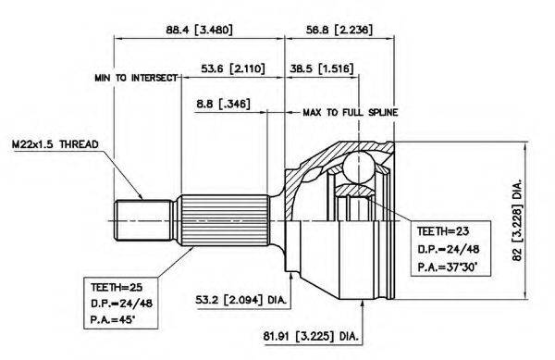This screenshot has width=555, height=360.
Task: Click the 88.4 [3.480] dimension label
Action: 199,30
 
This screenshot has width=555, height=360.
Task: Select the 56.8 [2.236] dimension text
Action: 339,30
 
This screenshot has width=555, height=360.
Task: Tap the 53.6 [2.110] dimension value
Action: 232,68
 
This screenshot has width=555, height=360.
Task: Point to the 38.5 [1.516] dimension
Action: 321,68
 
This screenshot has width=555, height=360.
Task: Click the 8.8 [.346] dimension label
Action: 223,104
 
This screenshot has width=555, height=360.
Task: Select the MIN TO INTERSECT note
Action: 136,78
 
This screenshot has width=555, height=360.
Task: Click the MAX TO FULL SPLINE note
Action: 351,113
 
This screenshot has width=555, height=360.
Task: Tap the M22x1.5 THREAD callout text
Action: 55,144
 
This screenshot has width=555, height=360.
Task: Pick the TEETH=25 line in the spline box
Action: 117,287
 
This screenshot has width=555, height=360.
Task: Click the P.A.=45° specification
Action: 113,320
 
